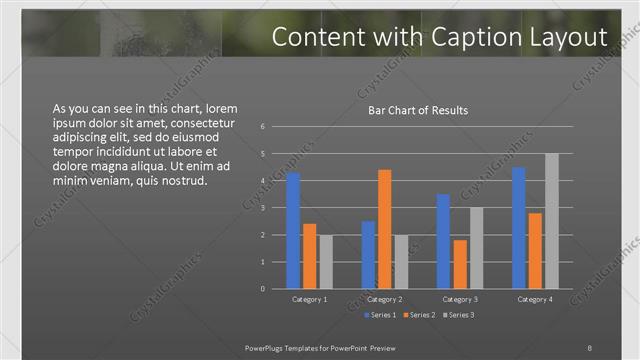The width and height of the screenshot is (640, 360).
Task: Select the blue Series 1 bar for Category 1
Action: pos(293,230)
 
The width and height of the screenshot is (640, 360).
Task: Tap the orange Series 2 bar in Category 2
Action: pos(384,229)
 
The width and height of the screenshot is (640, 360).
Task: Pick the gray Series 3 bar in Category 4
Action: pos(551,221)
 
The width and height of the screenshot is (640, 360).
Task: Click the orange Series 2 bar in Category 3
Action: pos(460,264)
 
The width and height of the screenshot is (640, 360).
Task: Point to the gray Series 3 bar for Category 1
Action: pos(326,262)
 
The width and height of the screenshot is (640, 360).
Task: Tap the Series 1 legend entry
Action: pos(380,316)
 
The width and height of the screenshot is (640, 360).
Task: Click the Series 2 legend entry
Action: pos(418,316)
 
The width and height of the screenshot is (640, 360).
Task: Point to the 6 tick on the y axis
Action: pos(262,127)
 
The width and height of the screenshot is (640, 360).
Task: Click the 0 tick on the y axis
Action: pos(262,289)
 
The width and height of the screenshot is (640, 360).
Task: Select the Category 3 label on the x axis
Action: pos(460,300)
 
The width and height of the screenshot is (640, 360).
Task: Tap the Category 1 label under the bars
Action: pos(309,300)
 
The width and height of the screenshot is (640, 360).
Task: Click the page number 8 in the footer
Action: pos(590,347)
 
